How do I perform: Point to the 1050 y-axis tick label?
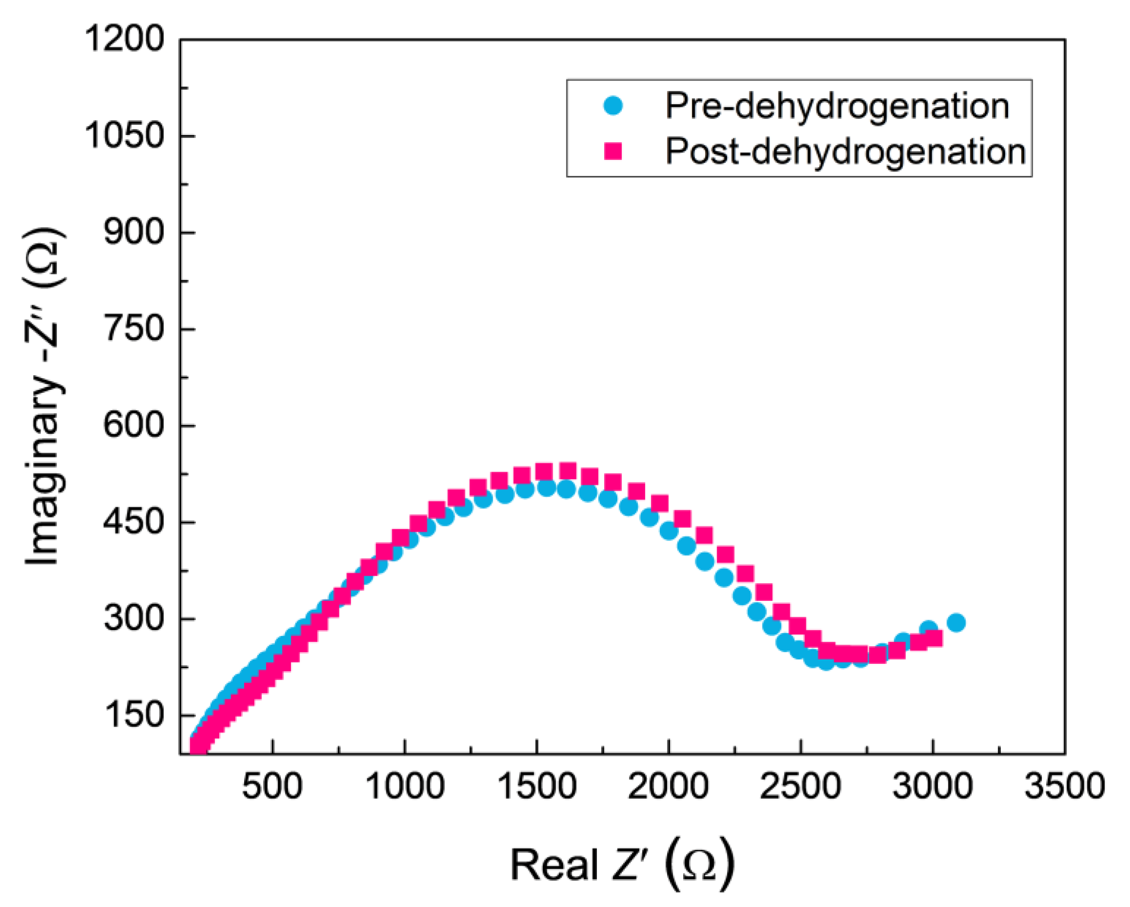click(125, 136)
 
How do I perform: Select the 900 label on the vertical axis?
click(134, 232)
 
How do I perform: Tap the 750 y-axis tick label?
click(134, 329)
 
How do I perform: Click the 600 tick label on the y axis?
click(134, 425)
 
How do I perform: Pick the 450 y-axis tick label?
click(134, 522)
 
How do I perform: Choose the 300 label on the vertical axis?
click(134, 618)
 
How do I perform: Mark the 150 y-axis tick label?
click(134, 715)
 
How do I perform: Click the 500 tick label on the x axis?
click(272, 787)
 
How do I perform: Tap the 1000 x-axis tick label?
click(404, 787)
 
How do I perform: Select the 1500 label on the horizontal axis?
click(536, 787)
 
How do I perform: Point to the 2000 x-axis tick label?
click(669, 787)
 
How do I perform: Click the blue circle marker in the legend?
click(613, 106)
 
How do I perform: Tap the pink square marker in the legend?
click(613, 152)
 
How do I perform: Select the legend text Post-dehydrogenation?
click(845, 152)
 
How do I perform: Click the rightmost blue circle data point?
click(957, 623)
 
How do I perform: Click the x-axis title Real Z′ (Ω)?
click(622, 865)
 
